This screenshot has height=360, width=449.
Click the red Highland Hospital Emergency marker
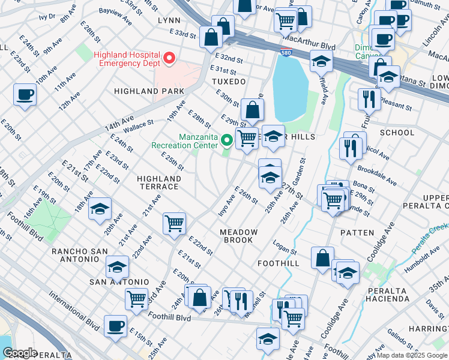tap(169, 58)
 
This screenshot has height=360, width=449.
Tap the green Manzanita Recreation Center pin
tap(227, 140)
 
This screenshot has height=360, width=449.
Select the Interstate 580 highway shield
tap(286, 55)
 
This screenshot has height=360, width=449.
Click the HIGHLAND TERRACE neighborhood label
tap(159, 182)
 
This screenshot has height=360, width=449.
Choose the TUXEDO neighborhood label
tap(229, 81)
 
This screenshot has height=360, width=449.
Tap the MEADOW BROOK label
tap(239, 236)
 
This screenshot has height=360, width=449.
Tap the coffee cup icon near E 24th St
tap(25, 95)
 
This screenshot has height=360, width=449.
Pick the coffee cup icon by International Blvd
tap(115, 326)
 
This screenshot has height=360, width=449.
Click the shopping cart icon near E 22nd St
tap(175, 224)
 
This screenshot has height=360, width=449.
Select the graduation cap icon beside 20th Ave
tap(100, 209)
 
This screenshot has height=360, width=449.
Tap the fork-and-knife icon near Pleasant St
tap(369, 98)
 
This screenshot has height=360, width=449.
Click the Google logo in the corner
tap(20, 353)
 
